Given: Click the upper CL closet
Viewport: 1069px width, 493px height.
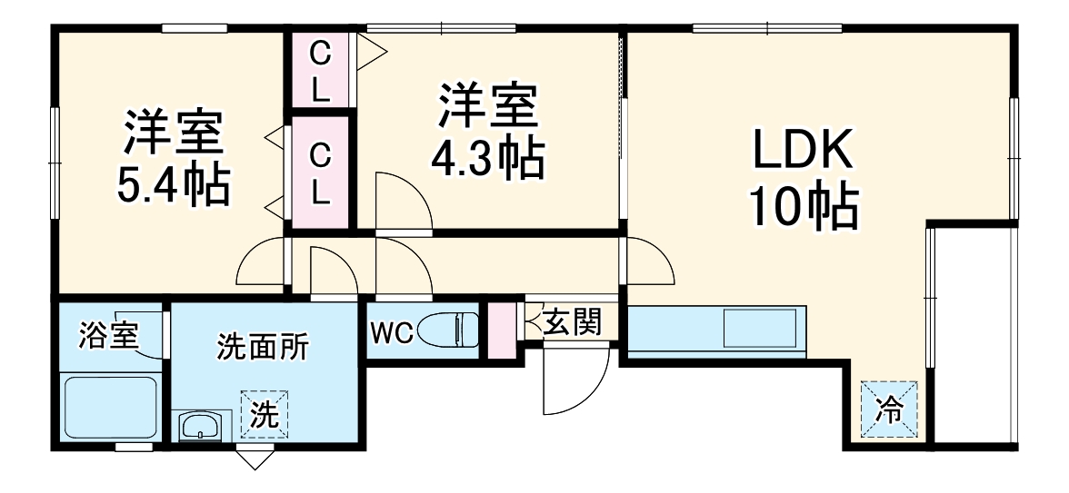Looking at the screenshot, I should coord(320,70).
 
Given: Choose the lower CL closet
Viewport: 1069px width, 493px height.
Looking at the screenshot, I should coord(320,173).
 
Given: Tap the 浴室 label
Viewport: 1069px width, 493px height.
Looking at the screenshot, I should coord(108,336).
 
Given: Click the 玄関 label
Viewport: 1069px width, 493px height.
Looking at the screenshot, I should coord(572,322).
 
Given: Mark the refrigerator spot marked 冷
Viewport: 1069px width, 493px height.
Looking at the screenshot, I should coord(890,411).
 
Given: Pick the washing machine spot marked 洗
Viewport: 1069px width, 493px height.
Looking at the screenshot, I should coord(265,415).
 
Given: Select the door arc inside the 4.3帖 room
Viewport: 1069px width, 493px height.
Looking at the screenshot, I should coord(402,200).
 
